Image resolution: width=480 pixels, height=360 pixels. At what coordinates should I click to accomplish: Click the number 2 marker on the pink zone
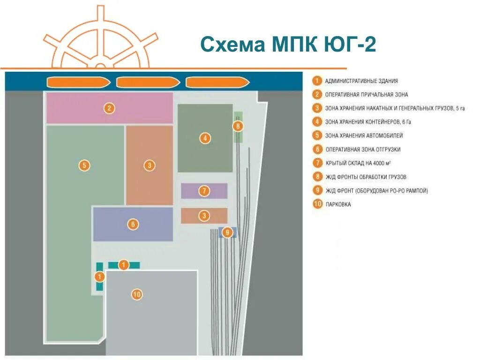(x=109, y=108)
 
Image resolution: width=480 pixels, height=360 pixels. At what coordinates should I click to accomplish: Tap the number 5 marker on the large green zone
(x=84, y=165)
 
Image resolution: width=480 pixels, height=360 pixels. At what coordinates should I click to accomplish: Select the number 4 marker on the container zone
(x=205, y=138)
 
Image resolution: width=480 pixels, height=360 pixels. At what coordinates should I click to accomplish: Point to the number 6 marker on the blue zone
(x=133, y=224)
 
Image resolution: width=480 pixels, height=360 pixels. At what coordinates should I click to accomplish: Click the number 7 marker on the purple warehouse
(x=204, y=191)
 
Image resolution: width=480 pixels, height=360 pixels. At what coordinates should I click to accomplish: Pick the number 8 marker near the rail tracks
(x=238, y=126)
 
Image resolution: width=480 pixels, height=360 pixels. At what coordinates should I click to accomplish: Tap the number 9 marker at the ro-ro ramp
(x=227, y=232)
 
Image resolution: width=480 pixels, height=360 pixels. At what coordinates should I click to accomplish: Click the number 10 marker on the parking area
(x=136, y=294)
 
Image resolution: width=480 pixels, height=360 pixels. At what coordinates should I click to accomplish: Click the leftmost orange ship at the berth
(x=78, y=82)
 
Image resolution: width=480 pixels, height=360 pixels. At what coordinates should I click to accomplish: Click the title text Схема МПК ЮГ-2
(x=288, y=45)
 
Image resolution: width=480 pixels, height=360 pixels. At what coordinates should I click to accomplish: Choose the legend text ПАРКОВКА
(x=338, y=204)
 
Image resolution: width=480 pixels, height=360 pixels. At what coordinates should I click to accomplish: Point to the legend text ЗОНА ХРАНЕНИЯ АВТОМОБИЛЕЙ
(x=364, y=136)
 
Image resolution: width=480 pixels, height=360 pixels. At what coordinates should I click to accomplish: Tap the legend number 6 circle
(x=317, y=150)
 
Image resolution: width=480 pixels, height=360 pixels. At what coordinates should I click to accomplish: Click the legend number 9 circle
(x=317, y=190)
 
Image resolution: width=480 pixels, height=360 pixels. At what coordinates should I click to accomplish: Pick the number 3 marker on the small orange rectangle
(x=204, y=216)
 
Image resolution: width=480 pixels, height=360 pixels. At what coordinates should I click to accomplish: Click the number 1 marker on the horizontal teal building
(x=123, y=265)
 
